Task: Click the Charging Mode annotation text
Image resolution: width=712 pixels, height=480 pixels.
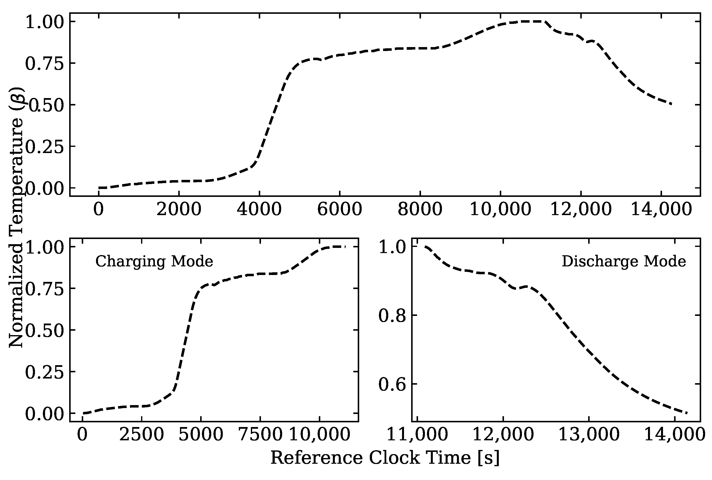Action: point(154,262)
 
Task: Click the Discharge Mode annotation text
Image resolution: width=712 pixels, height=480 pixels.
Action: point(624,262)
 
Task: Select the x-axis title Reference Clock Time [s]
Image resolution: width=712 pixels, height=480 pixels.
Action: point(385,458)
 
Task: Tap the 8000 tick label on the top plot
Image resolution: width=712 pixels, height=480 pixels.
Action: point(420,210)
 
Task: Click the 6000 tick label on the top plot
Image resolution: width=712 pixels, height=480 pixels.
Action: point(340,210)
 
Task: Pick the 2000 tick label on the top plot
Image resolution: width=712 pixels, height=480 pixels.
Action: point(179,210)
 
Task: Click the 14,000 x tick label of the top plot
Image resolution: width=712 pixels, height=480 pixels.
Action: point(661,210)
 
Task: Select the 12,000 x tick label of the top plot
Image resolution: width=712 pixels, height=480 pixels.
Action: point(581,210)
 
